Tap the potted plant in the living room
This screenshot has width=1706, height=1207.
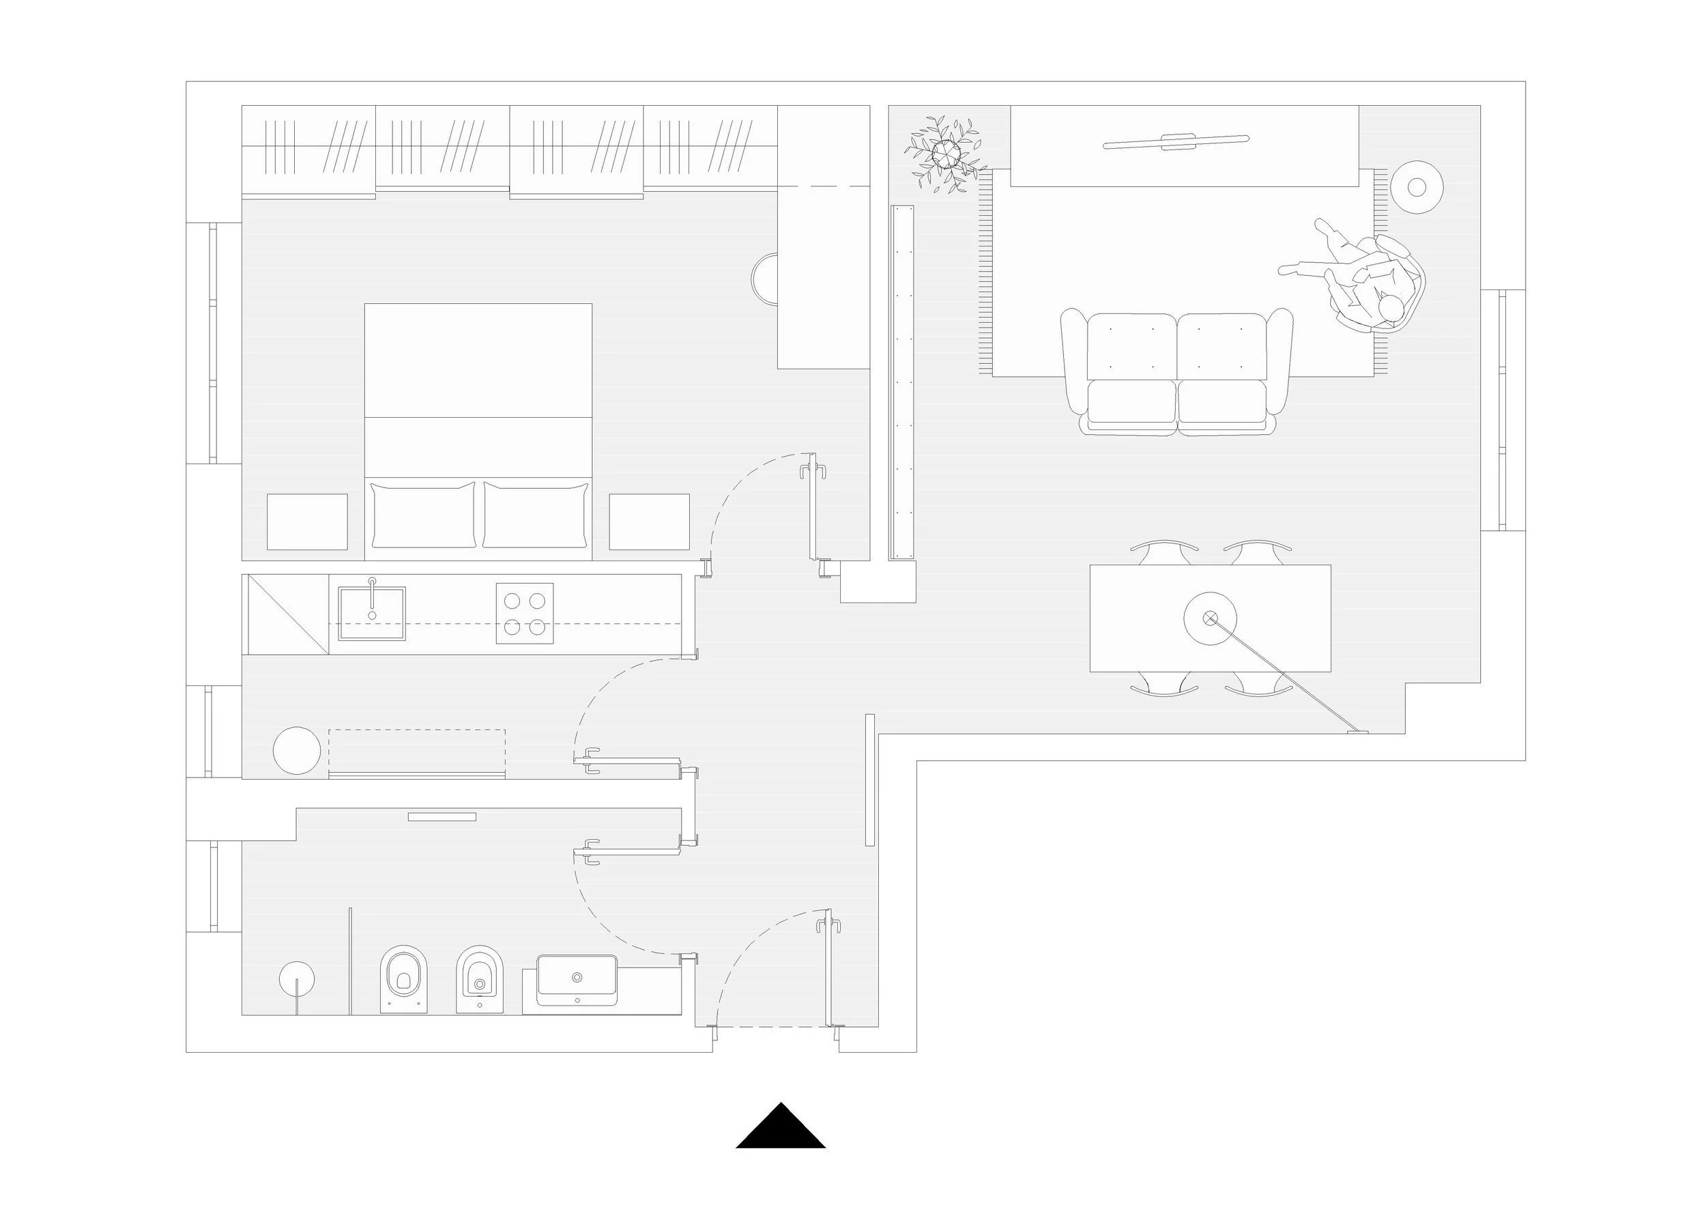point(946,154)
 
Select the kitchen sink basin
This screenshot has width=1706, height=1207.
point(371,612)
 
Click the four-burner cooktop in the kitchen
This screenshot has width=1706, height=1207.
point(525,612)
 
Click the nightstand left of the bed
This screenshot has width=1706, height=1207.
point(307,521)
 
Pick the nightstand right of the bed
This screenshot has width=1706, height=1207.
point(649,521)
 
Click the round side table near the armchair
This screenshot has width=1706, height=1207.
point(1416,187)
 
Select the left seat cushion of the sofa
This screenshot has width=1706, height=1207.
point(1131,402)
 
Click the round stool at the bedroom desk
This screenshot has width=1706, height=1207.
point(766,279)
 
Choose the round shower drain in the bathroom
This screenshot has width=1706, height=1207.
point(296,979)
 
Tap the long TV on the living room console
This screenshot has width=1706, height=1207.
point(1176,141)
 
